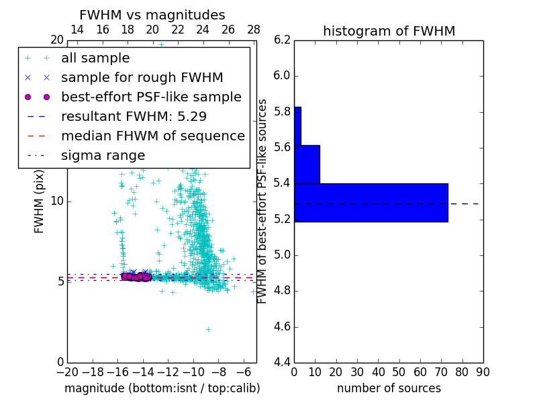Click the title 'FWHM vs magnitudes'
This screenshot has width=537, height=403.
coord(152,15)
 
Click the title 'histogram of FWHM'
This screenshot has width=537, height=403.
coord(389,31)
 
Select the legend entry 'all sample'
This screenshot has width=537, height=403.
coord(95,58)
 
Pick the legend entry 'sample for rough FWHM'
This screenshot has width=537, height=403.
coord(142,78)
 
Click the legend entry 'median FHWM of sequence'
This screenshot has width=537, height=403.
coord(152,136)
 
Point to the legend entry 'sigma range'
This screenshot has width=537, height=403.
coord(103,155)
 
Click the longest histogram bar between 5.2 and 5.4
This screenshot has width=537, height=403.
coord(371,202)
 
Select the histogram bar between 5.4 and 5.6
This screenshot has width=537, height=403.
coord(307,164)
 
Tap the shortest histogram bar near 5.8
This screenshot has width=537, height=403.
coord(297,126)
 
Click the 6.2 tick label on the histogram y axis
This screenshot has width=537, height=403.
coord(282,40)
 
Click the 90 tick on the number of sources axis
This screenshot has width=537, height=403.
coord(482,372)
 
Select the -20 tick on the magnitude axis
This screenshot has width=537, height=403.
coord(67,372)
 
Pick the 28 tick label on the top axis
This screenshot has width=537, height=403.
coord(254,30)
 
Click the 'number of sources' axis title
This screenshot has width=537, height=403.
coord(389,388)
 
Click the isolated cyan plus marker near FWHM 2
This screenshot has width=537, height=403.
coord(208,329)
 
